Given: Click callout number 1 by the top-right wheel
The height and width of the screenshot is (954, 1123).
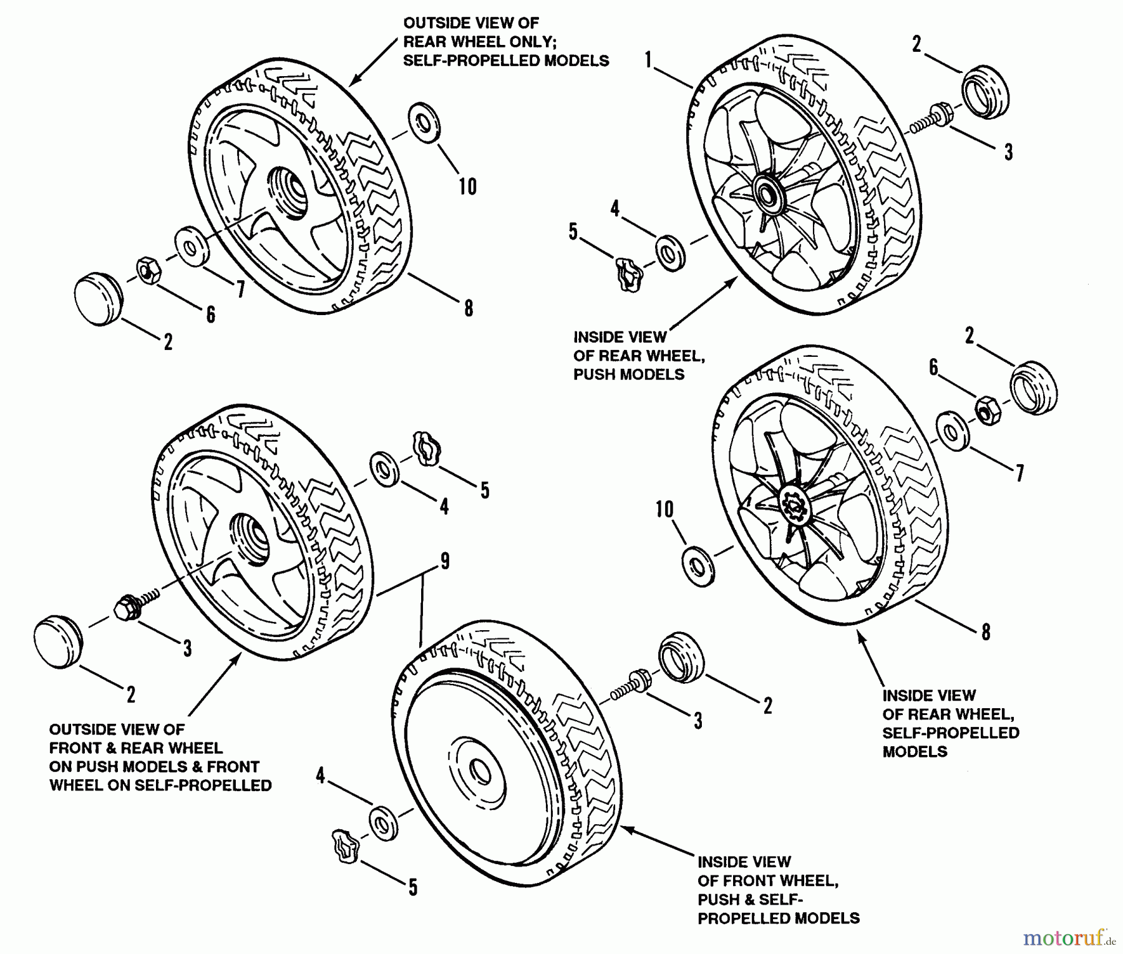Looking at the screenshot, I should [649, 60].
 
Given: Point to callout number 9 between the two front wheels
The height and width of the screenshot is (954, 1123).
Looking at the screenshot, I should [444, 562].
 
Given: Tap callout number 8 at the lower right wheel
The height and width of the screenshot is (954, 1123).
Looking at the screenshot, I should [986, 633].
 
